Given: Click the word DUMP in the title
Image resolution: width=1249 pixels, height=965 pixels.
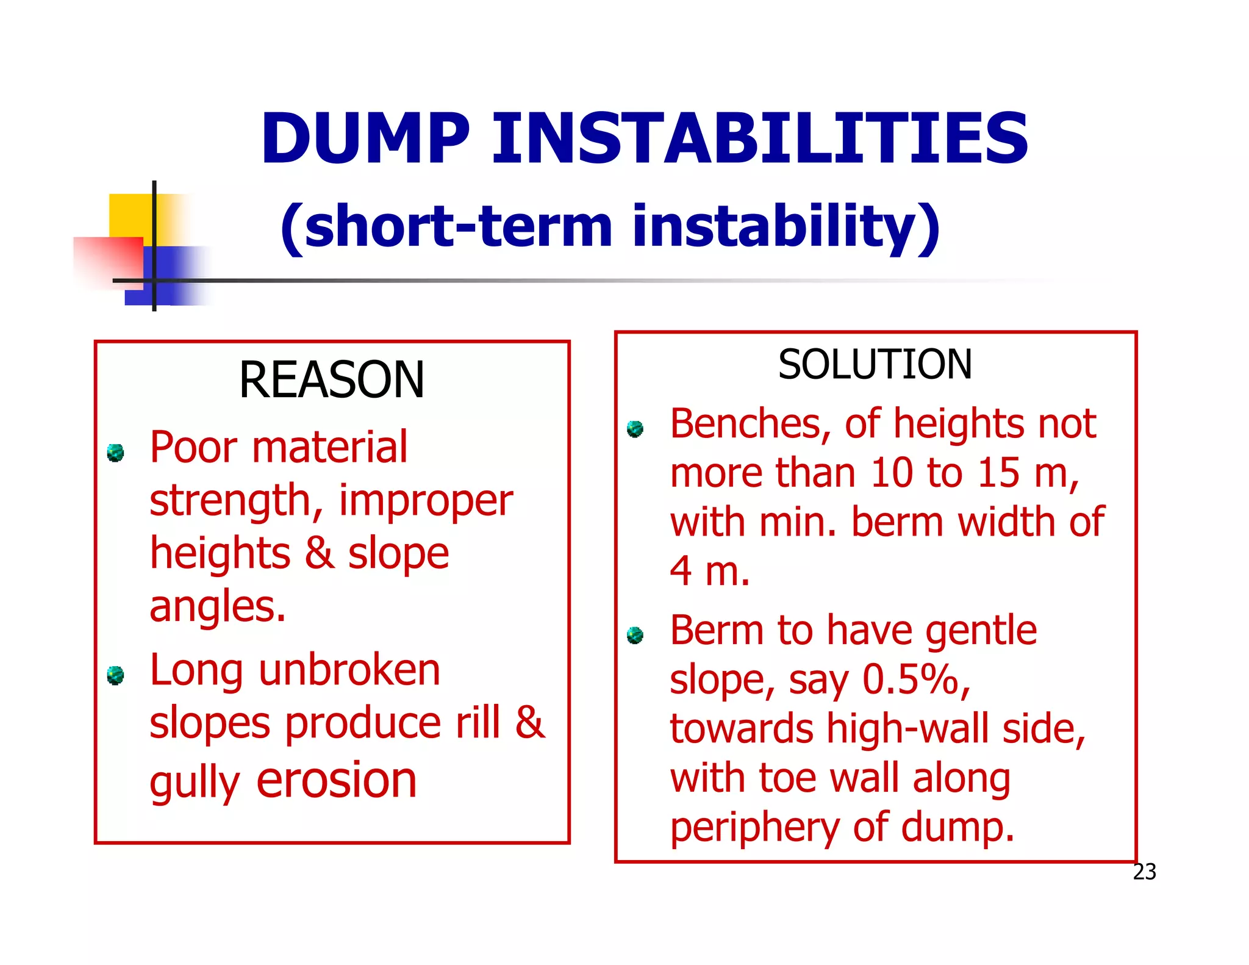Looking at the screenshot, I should (365, 139).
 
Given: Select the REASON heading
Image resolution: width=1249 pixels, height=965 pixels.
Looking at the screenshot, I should (331, 380).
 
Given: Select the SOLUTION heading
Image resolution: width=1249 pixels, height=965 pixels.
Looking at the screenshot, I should (875, 365).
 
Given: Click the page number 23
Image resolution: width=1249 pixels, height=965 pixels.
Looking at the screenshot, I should (1144, 872).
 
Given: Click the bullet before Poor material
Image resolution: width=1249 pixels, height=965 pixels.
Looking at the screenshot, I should (115, 453).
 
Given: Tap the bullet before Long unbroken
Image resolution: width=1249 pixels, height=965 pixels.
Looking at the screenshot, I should (115, 676).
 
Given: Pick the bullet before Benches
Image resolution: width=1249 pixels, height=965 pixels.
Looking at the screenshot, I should (635, 429).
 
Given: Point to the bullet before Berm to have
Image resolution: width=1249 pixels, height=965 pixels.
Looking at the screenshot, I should (635, 635).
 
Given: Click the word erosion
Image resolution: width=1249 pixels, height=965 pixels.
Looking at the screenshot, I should (337, 781).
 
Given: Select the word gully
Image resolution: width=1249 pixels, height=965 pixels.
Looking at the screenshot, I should (195, 784).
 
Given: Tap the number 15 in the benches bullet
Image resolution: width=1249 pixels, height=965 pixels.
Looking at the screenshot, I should (998, 473).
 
